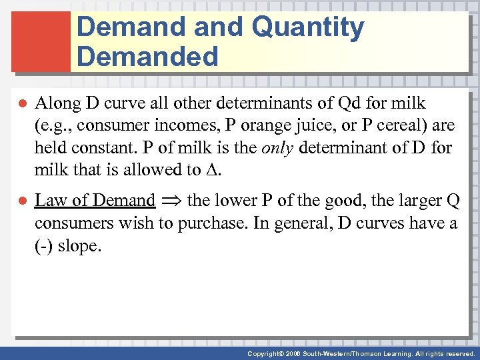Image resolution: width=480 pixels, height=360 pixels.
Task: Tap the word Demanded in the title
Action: [x=147, y=57]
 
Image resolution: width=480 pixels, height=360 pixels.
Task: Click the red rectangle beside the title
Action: [x=41, y=41]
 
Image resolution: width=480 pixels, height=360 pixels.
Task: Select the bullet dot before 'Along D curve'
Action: [x=21, y=104]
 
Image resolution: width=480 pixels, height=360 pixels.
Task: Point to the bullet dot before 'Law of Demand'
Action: [x=21, y=201]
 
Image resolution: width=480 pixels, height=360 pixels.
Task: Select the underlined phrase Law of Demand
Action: [x=95, y=200]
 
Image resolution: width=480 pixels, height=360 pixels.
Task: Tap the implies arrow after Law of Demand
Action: [x=172, y=201]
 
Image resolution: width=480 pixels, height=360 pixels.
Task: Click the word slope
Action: [x=79, y=245]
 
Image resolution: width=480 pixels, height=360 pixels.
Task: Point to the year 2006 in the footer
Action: [x=291, y=354]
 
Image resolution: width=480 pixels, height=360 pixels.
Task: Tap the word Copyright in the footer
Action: [x=263, y=354]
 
